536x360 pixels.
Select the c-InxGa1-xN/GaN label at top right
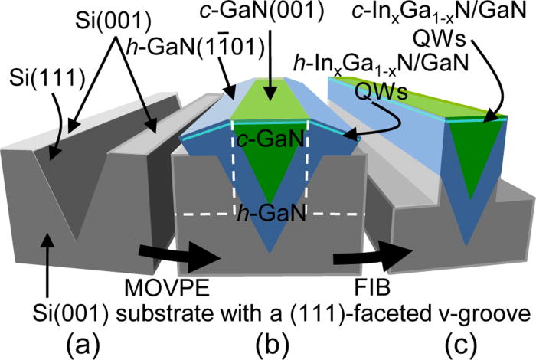click(465, 13)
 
